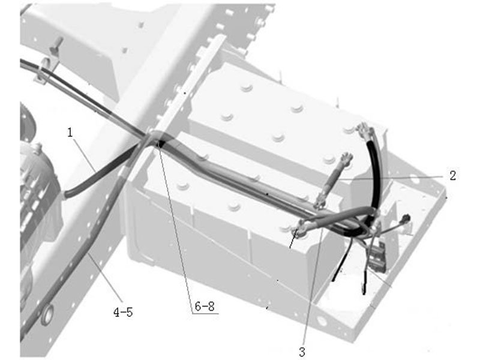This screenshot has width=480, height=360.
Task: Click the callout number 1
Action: pos(70,133)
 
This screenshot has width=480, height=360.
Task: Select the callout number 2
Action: pos(453,175)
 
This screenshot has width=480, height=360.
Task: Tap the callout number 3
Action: pos(302,352)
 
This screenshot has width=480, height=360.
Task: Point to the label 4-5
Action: pos(123,313)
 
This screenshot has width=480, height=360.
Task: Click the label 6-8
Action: pos(205,307)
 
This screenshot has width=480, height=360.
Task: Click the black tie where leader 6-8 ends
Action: pos(160,143)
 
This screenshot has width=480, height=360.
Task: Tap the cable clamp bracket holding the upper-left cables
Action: pos(46,70)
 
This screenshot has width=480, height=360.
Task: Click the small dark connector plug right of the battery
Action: pos(406,218)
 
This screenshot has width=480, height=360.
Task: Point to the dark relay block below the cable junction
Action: pos(378,257)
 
